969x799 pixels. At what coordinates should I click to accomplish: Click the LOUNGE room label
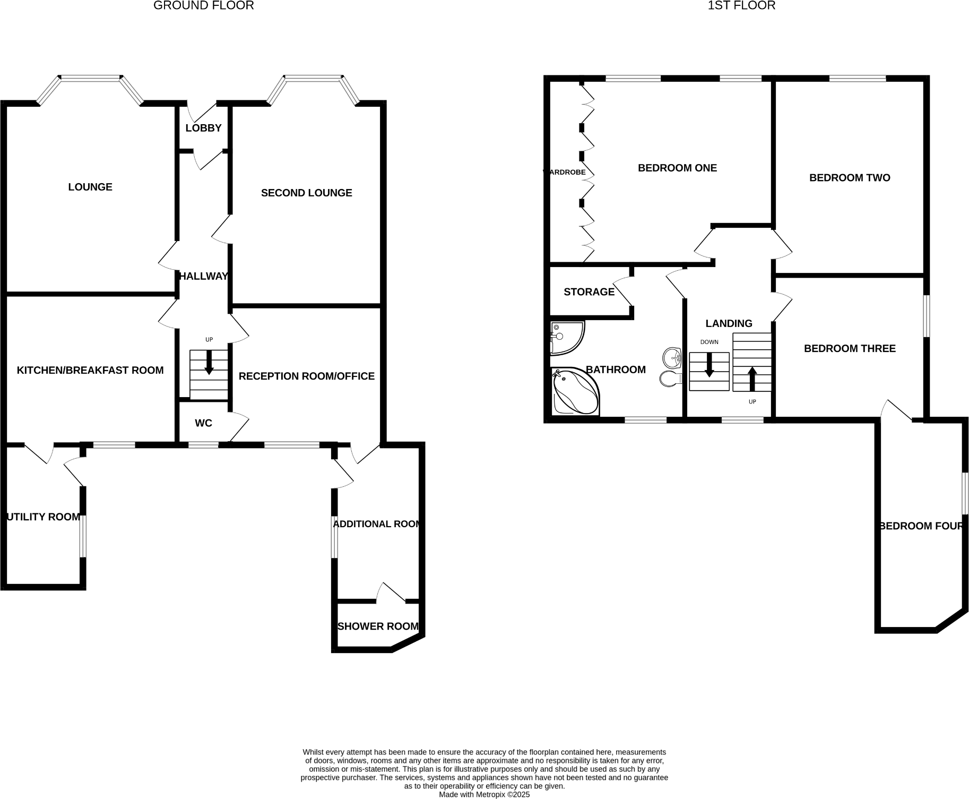click(x=90, y=187)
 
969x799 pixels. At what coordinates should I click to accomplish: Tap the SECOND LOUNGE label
click(x=306, y=193)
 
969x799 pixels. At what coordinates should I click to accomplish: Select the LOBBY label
click(x=203, y=128)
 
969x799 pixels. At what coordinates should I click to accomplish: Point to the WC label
click(x=203, y=423)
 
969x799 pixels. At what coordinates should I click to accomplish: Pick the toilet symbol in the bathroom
click(x=670, y=379)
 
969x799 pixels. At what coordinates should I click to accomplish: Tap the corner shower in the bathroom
click(x=566, y=337)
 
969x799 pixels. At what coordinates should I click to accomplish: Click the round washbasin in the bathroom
click(x=673, y=357)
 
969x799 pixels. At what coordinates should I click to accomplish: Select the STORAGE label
click(x=589, y=292)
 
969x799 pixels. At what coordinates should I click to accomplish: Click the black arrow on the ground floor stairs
click(x=209, y=363)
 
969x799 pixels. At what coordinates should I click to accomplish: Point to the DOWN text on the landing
click(x=709, y=342)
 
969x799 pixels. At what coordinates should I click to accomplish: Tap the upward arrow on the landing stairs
click(x=752, y=378)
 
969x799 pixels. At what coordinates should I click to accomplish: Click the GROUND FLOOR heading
click(x=203, y=6)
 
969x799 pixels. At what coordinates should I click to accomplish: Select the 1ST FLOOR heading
click(x=741, y=6)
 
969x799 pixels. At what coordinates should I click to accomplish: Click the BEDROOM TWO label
click(x=850, y=178)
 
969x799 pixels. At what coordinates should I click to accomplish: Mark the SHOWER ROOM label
click(x=378, y=626)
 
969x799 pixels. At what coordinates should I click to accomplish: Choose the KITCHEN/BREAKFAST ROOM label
click(x=90, y=370)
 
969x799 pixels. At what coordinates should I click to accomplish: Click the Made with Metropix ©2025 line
click(x=484, y=795)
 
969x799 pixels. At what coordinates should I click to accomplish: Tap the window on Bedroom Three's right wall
click(x=927, y=316)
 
